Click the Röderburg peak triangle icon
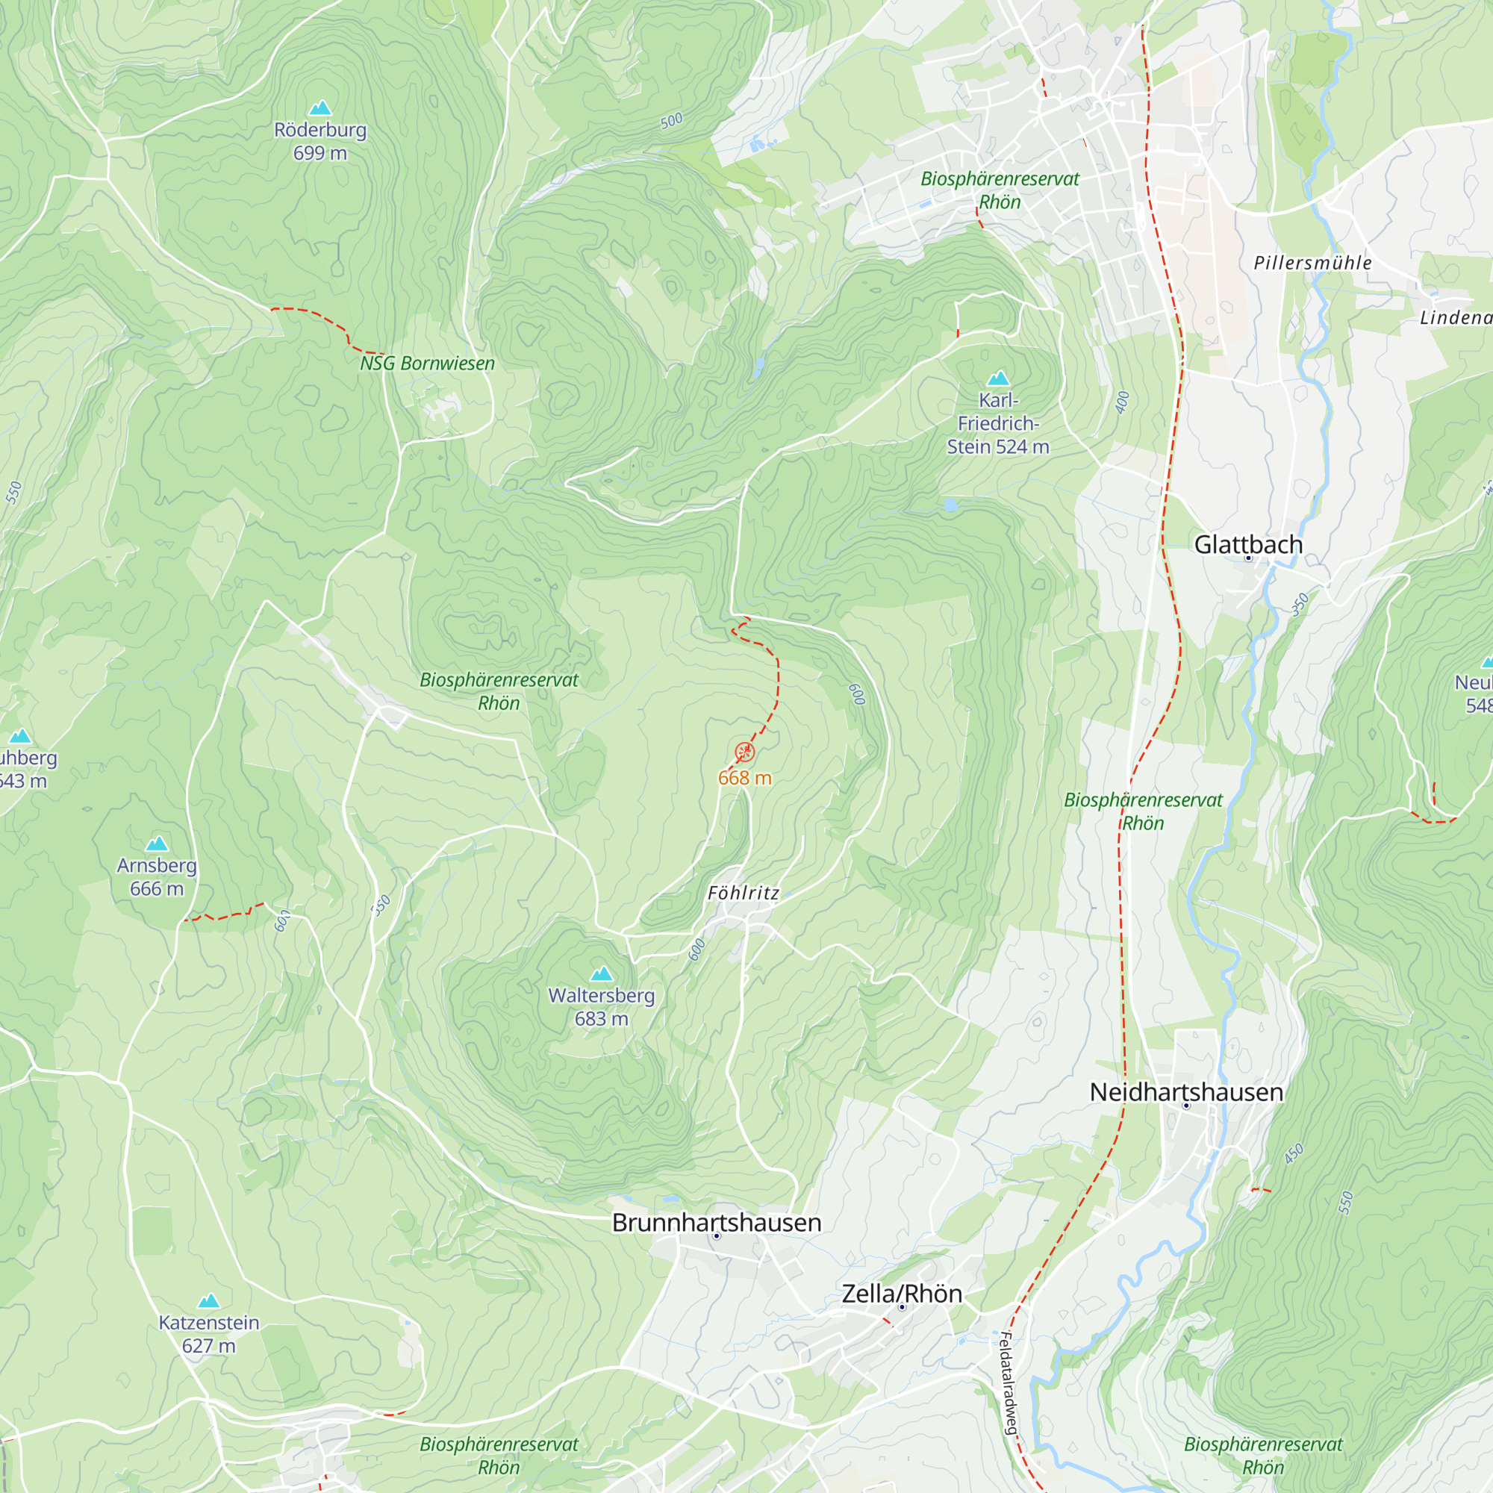[320, 108]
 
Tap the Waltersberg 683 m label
[601, 1007]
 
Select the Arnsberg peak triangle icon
[157, 843]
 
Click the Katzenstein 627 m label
[209, 1334]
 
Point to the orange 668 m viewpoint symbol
[744, 752]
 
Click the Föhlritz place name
[744, 894]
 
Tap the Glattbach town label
[1248, 545]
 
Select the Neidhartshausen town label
[1186, 1092]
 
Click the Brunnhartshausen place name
[717, 1223]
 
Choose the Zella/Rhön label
[902, 1294]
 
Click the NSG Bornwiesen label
[427, 364]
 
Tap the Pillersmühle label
[1312, 264]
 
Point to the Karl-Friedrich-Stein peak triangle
[998, 378]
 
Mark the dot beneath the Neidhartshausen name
[1186, 1106]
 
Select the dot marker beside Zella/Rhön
[902, 1307]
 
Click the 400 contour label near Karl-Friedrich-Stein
[1123, 402]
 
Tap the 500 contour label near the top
[672, 120]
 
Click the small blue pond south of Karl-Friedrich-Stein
[950, 505]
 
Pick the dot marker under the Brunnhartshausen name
[717, 1236]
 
